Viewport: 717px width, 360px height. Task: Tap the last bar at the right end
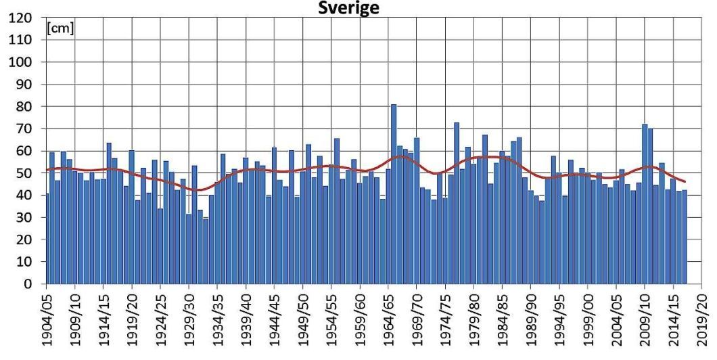pos(685,237)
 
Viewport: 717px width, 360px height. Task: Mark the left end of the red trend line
pos(47,170)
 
